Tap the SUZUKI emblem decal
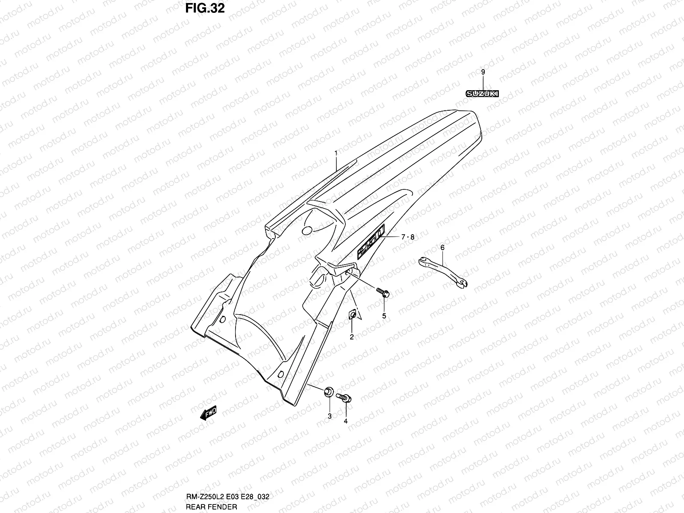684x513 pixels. click(x=483, y=94)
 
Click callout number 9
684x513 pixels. click(x=483, y=72)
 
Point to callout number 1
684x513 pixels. click(x=336, y=153)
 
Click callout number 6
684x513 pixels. click(x=442, y=248)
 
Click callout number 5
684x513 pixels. click(x=384, y=316)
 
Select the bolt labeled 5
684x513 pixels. click(x=383, y=292)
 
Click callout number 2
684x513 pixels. click(x=351, y=337)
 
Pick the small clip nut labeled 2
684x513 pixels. click(x=352, y=315)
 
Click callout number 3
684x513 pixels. click(x=329, y=416)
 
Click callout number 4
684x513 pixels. click(x=345, y=421)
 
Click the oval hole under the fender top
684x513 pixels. click(x=307, y=230)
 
